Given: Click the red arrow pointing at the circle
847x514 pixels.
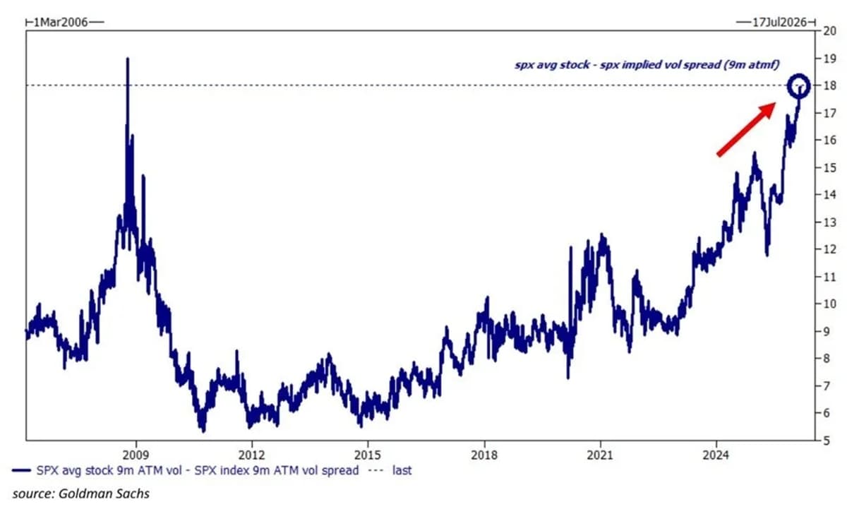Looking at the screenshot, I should [x=746, y=128].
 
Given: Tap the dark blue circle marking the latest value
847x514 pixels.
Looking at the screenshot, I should [x=799, y=85].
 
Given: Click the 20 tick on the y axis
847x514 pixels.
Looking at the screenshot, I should [x=829, y=30].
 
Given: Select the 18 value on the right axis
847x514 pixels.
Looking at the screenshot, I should [x=829, y=85].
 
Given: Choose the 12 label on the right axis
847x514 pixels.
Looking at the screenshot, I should [x=829, y=249].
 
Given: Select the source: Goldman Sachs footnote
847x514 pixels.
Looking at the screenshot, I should [x=81, y=494].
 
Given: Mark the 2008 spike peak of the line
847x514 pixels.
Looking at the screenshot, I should [x=128, y=59].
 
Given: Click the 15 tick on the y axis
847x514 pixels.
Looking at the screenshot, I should [x=829, y=167].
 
